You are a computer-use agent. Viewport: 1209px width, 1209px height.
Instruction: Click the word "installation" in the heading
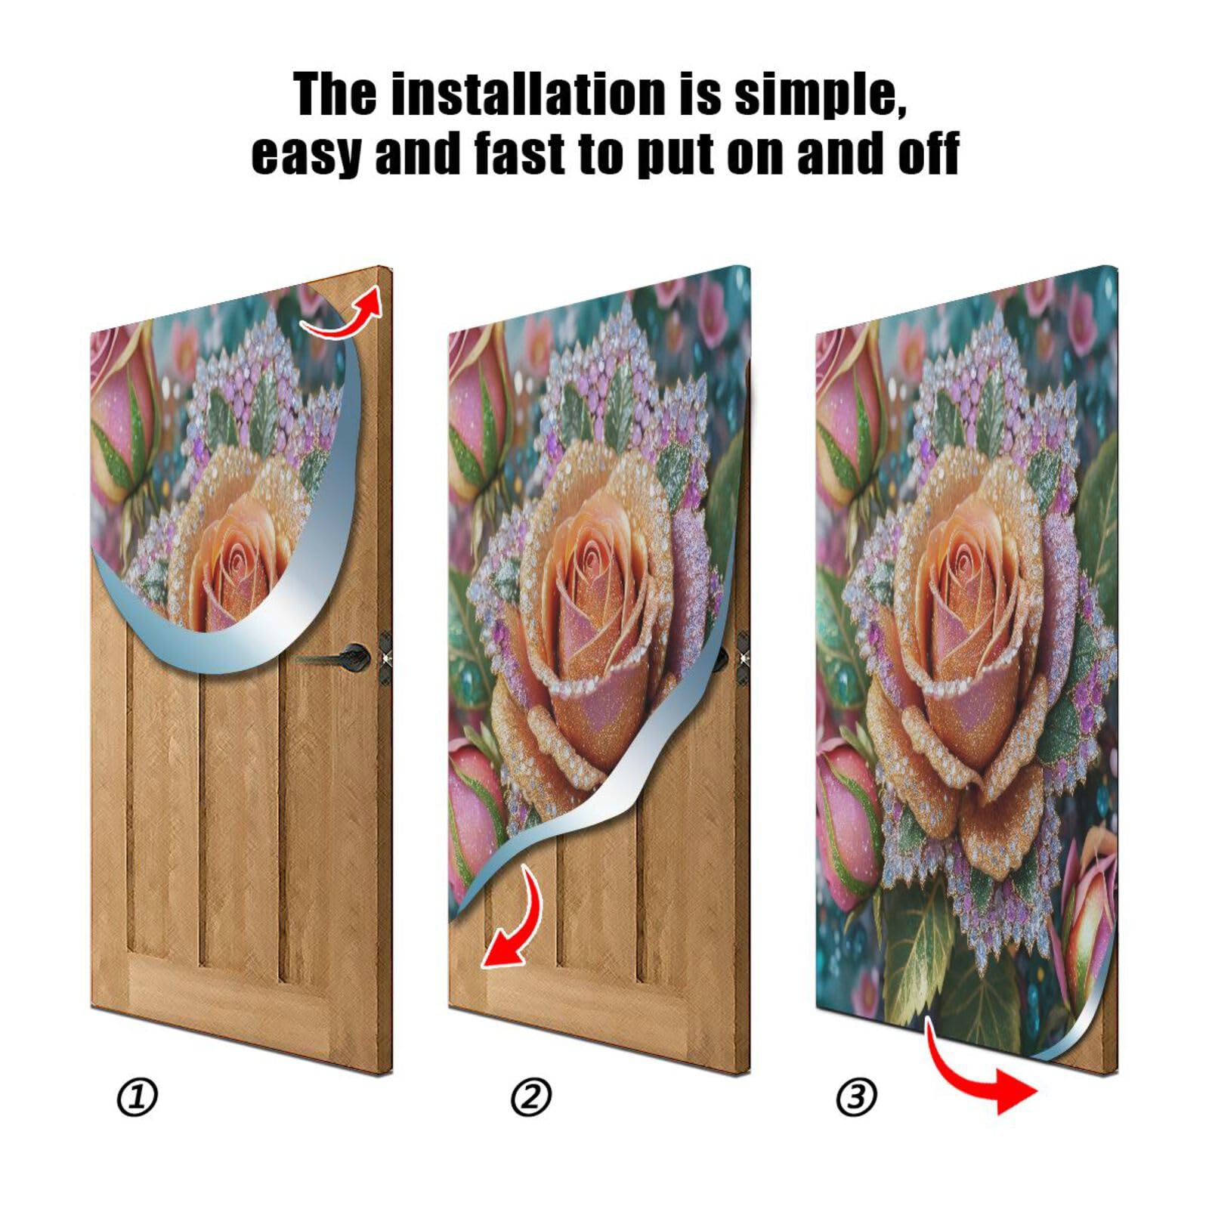pyautogui.click(x=528, y=94)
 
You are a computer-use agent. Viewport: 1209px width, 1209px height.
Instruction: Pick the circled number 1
pyautogui.click(x=137, y=1097)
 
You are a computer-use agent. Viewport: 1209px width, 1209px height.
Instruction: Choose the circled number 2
pyautogui.click(x=531, y=1097)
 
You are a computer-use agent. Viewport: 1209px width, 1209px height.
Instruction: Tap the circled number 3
pyautogui.click(x=856, y=1097)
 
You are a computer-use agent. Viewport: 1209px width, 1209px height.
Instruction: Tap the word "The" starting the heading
pyautogui.click(x=335, y=94)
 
